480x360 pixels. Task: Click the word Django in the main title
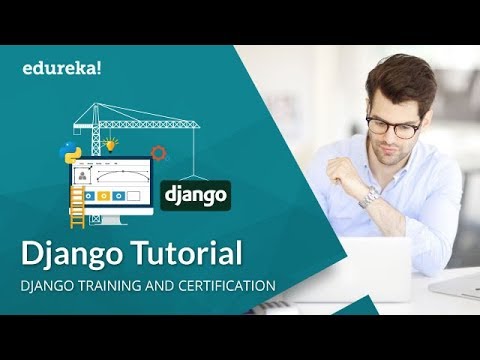[74, 253]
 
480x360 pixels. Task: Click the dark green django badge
[195, 194]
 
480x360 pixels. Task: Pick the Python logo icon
[69, 153]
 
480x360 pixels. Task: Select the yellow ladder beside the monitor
[77, 205]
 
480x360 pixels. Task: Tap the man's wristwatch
[371, 195]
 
